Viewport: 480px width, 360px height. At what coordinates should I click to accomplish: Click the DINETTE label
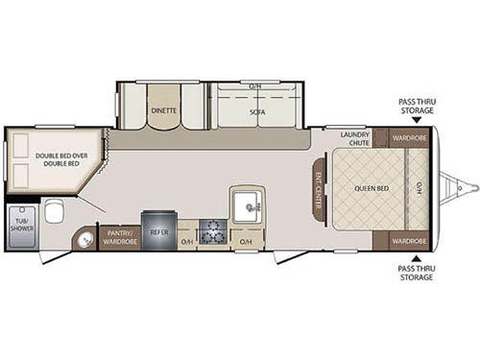point(162,110)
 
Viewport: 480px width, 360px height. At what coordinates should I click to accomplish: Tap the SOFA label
point(256,110)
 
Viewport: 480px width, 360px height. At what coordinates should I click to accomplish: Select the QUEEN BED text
point(372,189)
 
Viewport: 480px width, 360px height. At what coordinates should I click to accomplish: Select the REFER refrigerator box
point(158,231)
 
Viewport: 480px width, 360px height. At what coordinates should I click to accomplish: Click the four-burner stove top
point(213,231)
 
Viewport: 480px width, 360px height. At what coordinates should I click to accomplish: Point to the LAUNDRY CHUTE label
point(352,140)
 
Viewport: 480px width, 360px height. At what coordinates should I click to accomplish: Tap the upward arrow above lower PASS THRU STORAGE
point(416,256)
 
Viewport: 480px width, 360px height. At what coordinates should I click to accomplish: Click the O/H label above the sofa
point(255,85)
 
